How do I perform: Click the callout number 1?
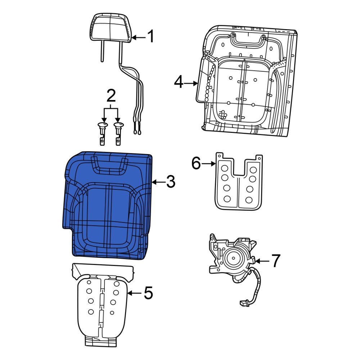[x=150, y=37]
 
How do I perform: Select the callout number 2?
[x=111, y=96]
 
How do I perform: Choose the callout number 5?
[x=148, y=293]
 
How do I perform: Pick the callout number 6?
[x=196, y=164]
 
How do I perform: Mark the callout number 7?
[x=275, y=261]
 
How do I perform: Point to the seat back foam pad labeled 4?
[x=245, y=83]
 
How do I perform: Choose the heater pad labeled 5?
[x=103, y=306]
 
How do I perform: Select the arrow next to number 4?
[x=191, y=84]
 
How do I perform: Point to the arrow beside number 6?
[x=209, y=164]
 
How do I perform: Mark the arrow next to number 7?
[x=262, y=261]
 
